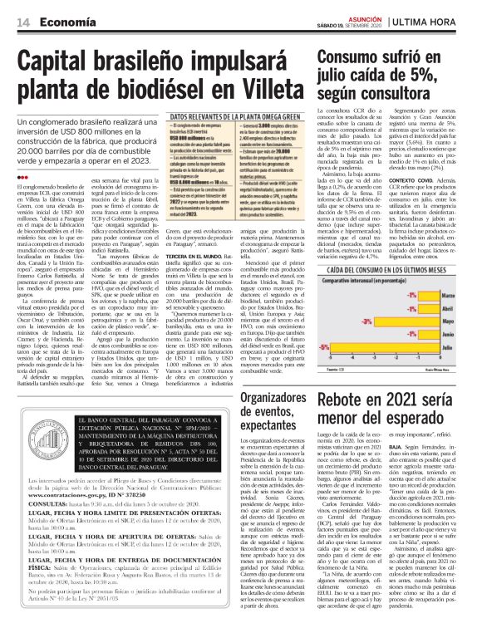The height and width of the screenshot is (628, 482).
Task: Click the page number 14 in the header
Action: pyautogui.click(x=22, y=20)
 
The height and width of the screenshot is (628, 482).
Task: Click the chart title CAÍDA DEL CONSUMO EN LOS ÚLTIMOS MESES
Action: pyautogui.click(x=395, y=271)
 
